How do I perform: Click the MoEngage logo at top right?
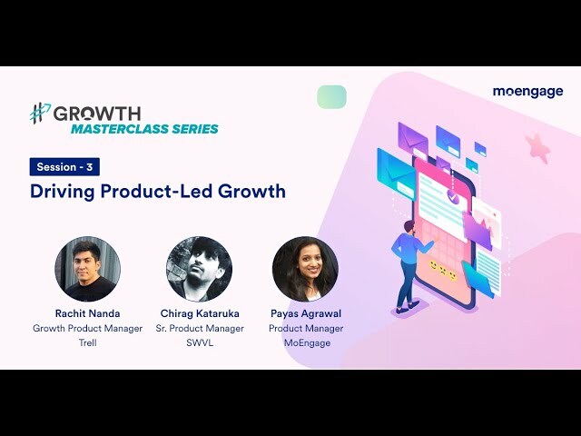[x=527, y=92]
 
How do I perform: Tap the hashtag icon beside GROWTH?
[x=40, y=114]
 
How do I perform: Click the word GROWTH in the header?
[x=96, y=114]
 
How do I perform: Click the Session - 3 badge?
[x=64, y=167]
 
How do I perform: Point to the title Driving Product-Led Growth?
[x=158, y=192]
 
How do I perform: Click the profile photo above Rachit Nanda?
[x=87, y=269]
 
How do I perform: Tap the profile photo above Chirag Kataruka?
[x=199, y=269]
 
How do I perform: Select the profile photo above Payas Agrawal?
[x=305, y=269]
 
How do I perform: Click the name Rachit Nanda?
[x=87, y=313]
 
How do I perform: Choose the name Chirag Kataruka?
[x=199, y=313]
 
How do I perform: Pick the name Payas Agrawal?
[x=306, y=313]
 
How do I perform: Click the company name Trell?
[x=87, y=343]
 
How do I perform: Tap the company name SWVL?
[x=199, y=343]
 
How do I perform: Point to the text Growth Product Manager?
[x=87, y=329]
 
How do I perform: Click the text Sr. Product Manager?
[x=199, y=329]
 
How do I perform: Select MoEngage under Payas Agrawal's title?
[x=306, y=343]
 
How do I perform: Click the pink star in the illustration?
[x=537, y=145]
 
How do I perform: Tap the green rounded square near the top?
[x=332, y=97]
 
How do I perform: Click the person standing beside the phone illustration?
[x=405, y=263]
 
